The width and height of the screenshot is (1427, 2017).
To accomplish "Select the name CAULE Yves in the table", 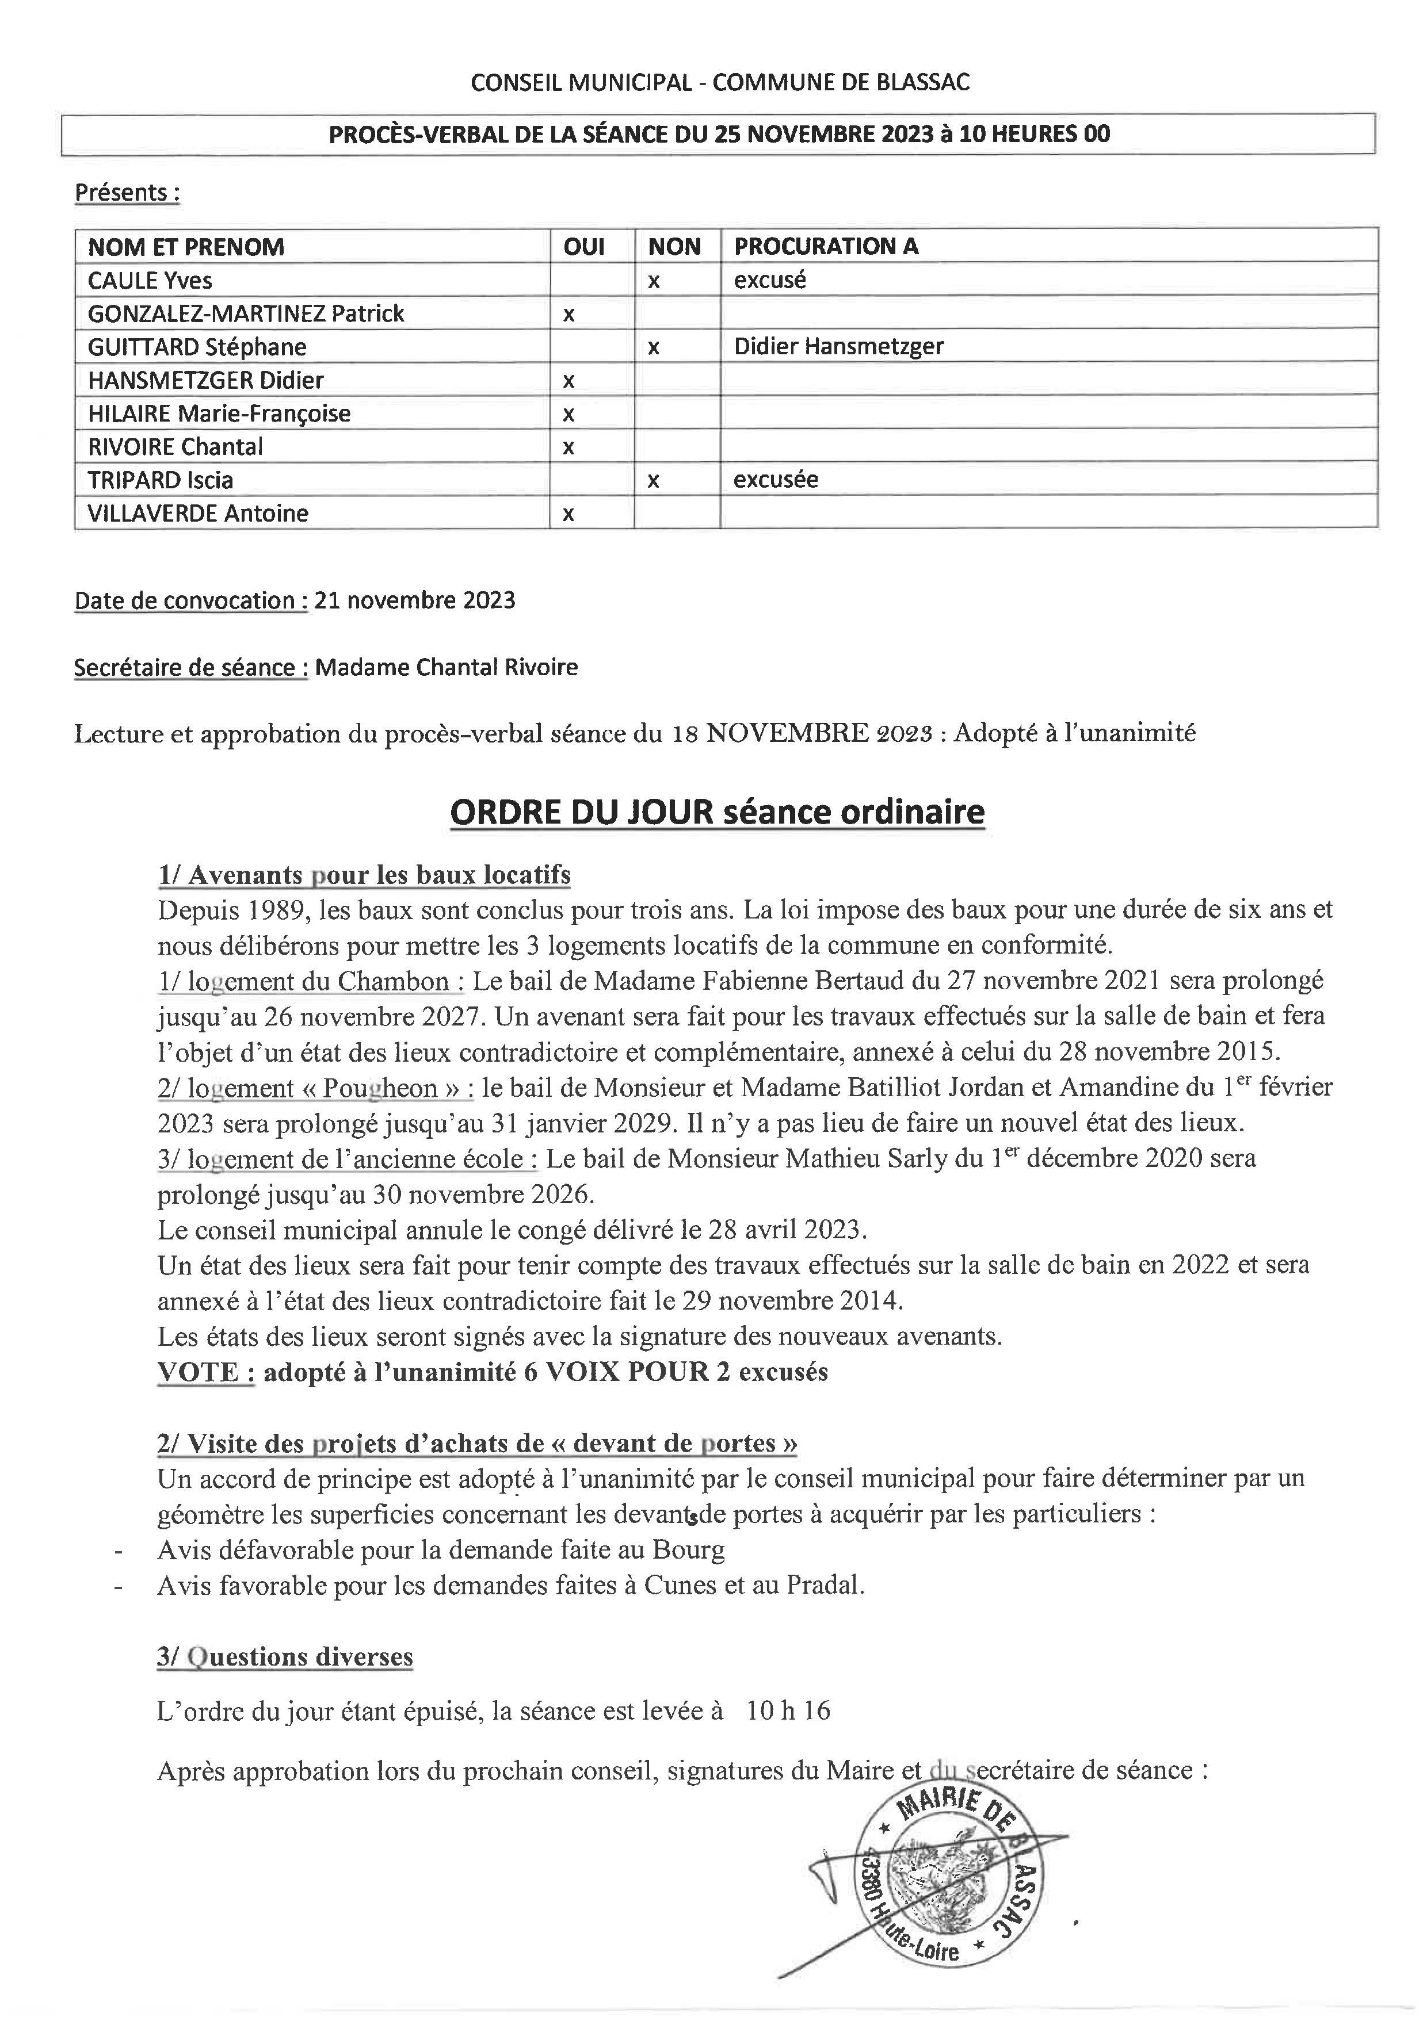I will [150, 280].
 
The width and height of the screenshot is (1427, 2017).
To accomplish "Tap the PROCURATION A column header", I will [826, 247].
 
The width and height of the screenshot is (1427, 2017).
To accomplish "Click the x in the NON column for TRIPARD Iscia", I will [654, 481].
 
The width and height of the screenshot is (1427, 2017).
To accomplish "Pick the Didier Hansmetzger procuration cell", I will [838, 346].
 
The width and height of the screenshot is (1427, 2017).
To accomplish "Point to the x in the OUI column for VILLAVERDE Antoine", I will [568, 514].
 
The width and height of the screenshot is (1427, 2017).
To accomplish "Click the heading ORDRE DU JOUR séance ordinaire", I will [716, 811].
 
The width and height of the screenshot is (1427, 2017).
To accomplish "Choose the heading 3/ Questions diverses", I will [285, 1657].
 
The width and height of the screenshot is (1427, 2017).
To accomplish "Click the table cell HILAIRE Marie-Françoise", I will [219, 413].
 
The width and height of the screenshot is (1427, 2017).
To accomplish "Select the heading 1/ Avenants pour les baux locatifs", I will [364, 874].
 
